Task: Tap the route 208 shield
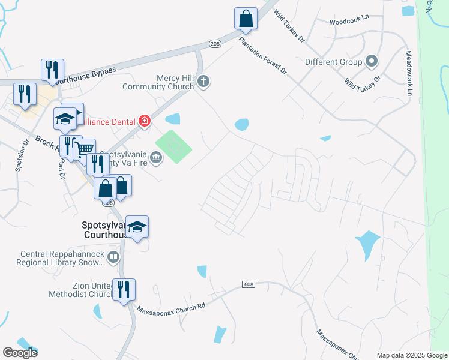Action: pos(215,44)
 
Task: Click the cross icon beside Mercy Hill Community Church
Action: pos(203,82)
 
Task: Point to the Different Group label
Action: pos(333,62)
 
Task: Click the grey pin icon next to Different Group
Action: pos(372,61)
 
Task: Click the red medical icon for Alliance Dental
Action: pos(144,122)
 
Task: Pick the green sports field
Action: pos(174,146)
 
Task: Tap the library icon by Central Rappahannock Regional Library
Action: pos(113,258)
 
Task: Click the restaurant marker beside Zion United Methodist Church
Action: pos(124,290)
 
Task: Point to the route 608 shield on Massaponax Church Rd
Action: pos(250,283)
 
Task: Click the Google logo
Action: pos(20,353)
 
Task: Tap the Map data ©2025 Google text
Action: pos(411,355)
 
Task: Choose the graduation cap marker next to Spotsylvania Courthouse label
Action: pos(137,227)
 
